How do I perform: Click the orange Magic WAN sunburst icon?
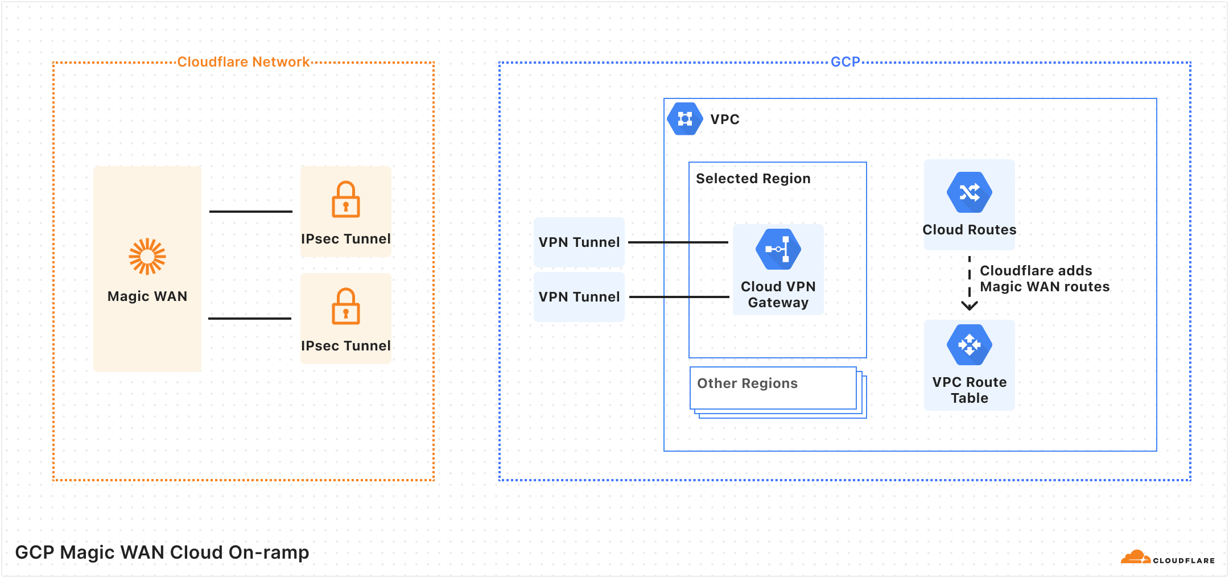click(147, 257)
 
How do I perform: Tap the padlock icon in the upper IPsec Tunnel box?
click(346, 200)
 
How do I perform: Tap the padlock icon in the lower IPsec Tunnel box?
click(346, 307)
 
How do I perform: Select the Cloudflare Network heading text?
click(243, 62)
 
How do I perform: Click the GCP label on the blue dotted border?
click(845, 62)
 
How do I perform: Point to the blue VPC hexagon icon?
click(684, 119)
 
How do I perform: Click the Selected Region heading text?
click(753, 179)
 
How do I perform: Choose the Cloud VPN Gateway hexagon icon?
click(778, 249)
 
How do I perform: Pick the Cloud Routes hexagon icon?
click(969, 192)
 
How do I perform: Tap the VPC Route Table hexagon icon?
click(969, 345)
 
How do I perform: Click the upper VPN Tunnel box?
click(579, 242)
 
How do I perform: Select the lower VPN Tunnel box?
click(579, 297)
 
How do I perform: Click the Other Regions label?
click(747, 383)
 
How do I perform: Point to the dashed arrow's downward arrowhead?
click(969, 306)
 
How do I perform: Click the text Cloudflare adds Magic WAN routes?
click(1044, 279)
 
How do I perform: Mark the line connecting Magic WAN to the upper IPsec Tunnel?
click(250, 212)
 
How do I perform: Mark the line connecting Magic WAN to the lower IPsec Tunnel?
click(249, 319)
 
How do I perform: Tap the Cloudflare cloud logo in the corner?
click(1136, 558)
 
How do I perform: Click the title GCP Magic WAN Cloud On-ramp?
click(162, 552)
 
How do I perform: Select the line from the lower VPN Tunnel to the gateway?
click(679, 297)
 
